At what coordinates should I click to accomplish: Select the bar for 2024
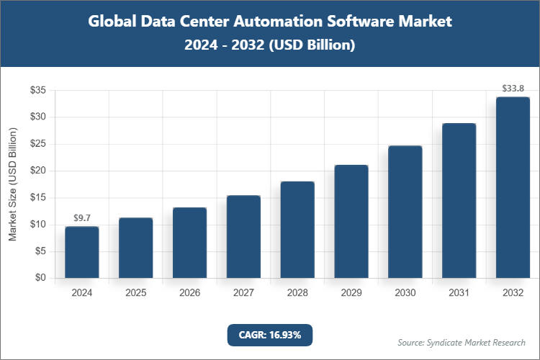(81, 252)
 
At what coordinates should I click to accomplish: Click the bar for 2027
(243, 237)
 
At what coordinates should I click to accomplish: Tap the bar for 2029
(351, 222)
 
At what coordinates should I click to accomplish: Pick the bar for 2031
(459, 201)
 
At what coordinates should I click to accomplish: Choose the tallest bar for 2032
(513, 187)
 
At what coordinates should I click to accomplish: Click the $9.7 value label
(81, 217)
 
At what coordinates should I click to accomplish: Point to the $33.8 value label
(513, 89)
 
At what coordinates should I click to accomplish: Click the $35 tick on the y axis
(38, 91)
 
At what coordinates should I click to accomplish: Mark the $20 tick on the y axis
(38, 171)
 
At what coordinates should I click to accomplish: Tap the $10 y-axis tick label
(38, 225)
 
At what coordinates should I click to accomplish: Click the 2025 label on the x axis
(135, 294)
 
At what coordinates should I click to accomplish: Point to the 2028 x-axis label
(297, 294)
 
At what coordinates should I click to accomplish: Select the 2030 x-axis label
(405, 294)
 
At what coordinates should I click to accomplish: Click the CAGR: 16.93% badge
(270, 335)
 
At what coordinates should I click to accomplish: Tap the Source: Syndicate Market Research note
(462, 342)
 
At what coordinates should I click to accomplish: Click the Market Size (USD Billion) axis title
(12, 184)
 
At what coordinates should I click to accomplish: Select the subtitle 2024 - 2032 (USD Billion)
(270, 45)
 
